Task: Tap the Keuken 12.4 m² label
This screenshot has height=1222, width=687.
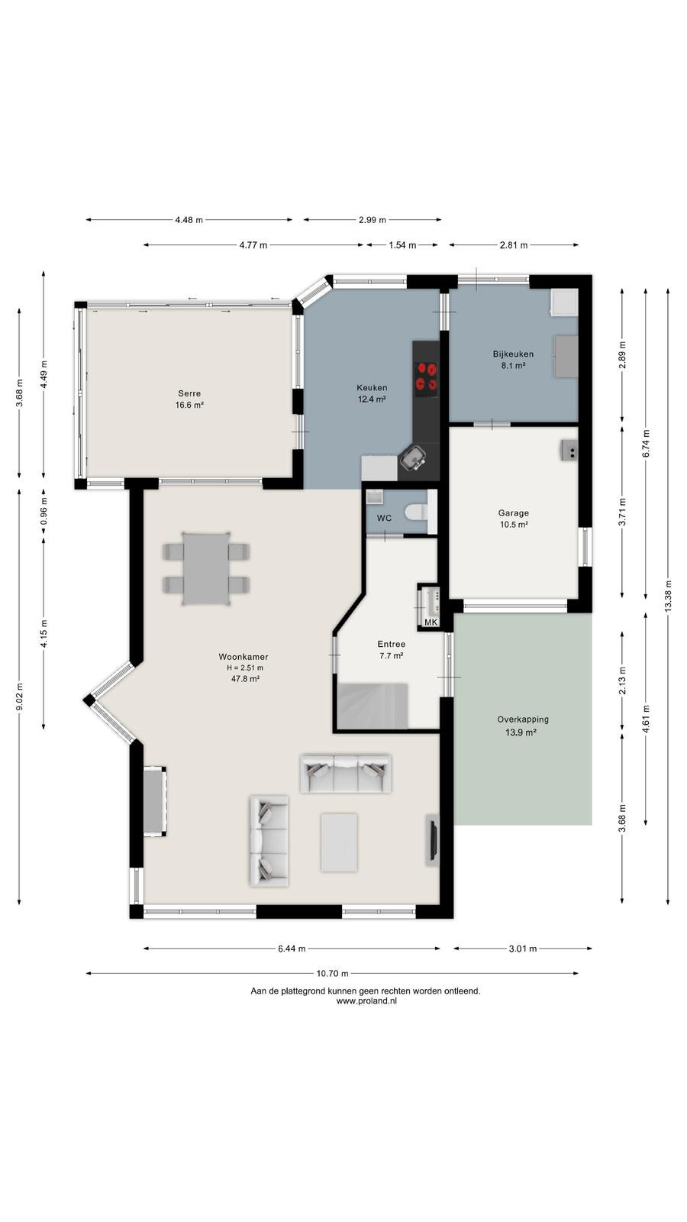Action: click(372, 393)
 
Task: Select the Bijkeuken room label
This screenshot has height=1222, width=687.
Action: click(513, 360)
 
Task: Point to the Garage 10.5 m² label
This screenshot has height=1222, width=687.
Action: click(514, 519)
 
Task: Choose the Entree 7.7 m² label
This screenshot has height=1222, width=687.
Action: click(392, 650)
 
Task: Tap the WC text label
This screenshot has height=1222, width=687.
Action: click(385, 519)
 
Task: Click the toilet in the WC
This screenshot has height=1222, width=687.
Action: click(420, 512)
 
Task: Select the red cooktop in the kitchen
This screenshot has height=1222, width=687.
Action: click(427, 376)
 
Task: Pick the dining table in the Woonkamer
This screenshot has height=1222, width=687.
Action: click(205, 569)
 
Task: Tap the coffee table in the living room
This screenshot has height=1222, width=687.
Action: click(339, 842)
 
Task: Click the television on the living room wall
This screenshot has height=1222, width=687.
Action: click(432, 840)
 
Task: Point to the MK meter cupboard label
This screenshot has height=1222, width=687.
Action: click(431, 622)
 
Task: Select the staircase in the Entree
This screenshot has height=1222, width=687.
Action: click(373, 706)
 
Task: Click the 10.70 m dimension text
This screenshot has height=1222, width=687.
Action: click(332, 973)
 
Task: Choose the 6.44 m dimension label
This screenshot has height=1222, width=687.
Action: click(292, 949)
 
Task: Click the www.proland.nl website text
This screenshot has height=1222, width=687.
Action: click(366, 1001)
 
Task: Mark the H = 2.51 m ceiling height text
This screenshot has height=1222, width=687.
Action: click(245, 668)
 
